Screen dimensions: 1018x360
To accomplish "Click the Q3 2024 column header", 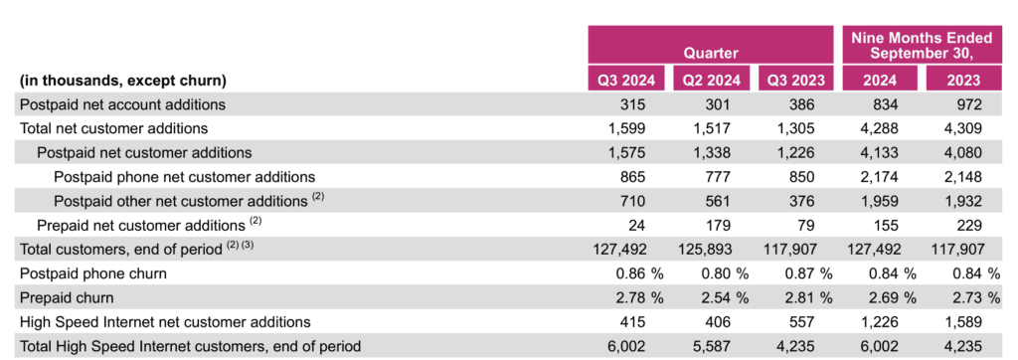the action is pyautogui.click(x=626, y=81).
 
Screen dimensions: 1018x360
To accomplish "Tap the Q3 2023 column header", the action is pyautogui.click(x=796, y=81).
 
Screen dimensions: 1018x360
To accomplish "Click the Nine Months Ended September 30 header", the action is pyautogui.click(x=922, y=46).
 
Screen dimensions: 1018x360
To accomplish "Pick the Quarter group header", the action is pyautogui.click(x=710, y=53).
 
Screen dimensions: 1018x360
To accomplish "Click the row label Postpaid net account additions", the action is pyautogui.click(x=122, y=104).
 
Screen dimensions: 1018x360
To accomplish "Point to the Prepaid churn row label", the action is pyautogui.click(x=67, y=297).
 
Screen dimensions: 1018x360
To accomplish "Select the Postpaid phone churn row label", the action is pyautogui.click(x=92, y=273).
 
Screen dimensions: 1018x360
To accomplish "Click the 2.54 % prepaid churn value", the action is pyautogui.click(x=724, y=297).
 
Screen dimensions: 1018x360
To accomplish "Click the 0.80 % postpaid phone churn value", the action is pyautogui.click(x=724, y=273).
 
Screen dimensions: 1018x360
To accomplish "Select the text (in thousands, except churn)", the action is pyautogui.click(x=122, y=82).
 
